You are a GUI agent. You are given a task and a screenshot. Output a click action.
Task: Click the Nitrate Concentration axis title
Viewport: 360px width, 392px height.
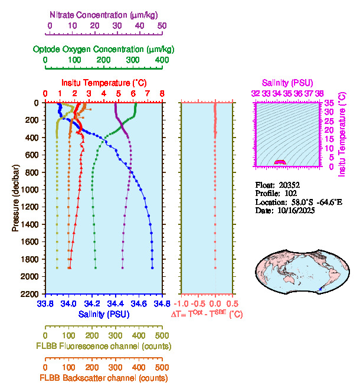[104, 14]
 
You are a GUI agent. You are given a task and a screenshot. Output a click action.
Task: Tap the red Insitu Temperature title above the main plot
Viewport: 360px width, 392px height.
[104, 83]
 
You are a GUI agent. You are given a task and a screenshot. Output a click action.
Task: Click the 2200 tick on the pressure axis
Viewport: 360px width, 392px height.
[31, 294]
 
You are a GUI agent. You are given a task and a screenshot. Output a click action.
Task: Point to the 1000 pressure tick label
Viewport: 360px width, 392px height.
[31, 190]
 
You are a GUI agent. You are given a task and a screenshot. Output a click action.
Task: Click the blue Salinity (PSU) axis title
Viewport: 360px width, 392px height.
[104, 313]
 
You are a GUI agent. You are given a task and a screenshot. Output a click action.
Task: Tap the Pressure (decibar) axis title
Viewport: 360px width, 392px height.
[16, 198]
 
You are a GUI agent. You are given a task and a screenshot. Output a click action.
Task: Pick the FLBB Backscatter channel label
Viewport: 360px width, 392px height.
[104, 378]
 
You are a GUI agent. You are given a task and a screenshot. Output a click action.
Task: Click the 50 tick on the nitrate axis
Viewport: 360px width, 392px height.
[162, 26]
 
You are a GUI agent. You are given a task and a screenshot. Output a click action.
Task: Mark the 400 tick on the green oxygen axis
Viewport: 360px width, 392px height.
[162, 60]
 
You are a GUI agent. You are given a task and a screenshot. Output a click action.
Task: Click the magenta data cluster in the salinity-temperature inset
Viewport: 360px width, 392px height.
[280, 161]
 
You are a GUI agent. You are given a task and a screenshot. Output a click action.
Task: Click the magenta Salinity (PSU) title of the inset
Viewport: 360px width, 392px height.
[287, 83]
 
